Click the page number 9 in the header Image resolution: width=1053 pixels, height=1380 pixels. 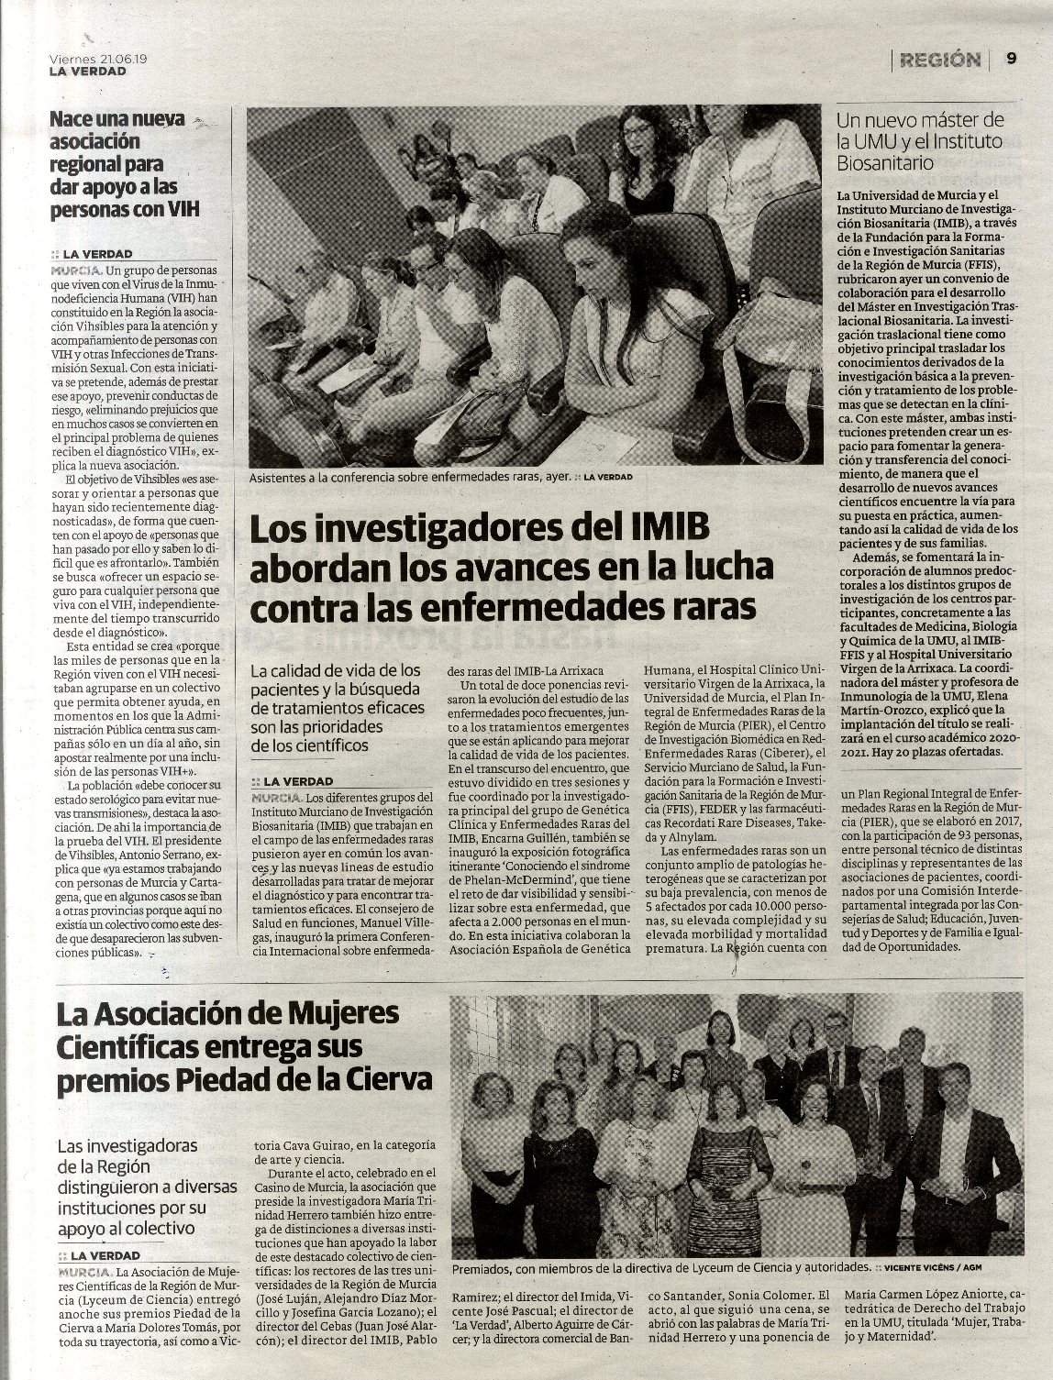click(x=1011, y=58)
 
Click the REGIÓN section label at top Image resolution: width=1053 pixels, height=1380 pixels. click(x=940, y=60)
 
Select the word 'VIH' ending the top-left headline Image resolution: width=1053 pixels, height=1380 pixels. click(x=182, y=209)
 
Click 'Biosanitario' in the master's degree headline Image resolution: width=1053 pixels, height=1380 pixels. click(x=884, y=163)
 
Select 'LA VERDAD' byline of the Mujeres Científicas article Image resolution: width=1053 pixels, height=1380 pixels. click(x=105, y=1255)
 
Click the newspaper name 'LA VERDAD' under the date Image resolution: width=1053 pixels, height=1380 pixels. click(x=88, y=71)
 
